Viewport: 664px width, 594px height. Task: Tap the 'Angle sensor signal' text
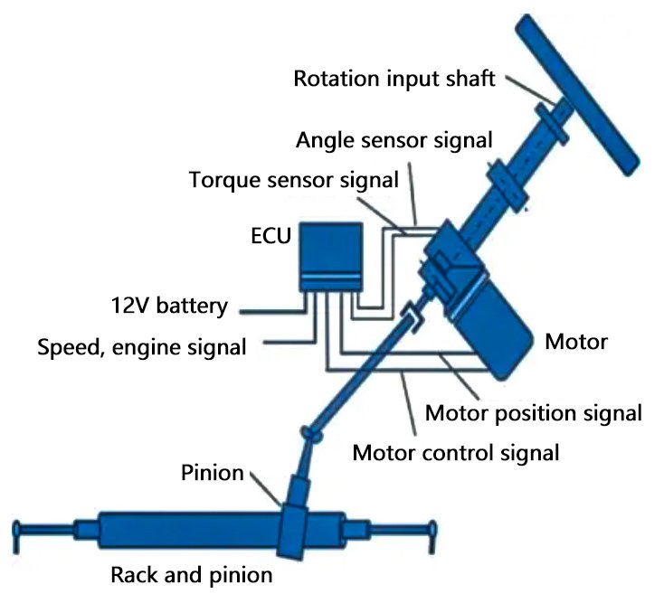tap(394, 140)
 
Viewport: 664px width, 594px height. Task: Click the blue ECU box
tap(332, 254)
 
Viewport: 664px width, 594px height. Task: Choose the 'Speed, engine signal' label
tap(142, 345)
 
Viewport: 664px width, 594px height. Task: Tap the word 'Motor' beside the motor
tap(576, 343)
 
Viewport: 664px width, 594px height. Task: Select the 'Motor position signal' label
tap(534, 414)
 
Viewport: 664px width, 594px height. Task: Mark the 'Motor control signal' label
tap(456, 451)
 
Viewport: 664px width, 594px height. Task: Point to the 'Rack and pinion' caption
tap(191, 574)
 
